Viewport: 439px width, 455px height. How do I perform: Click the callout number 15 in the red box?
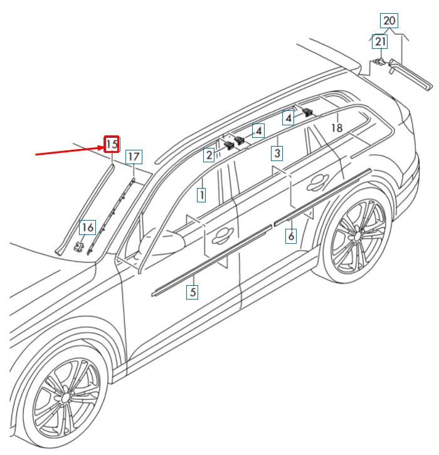(112, 144)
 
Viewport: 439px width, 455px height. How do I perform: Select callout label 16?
(87, 227)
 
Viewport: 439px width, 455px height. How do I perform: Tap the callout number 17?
(134, 157)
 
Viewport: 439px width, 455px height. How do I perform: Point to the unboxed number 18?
(337, 128)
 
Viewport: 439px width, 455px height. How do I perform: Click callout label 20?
(389, 21)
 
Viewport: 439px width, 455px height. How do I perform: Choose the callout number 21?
(380, 42)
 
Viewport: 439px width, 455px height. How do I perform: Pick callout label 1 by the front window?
(201, 195)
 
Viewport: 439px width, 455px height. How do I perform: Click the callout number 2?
(209, 155)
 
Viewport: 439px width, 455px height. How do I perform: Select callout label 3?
(277, 153)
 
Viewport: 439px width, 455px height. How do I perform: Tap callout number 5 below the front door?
(193, 291)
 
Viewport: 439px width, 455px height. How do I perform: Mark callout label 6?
(291, 236)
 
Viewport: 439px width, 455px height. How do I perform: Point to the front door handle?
(223, 235)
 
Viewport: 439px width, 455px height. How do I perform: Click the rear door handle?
(317, 182)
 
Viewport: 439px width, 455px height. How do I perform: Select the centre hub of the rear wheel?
(357, 236)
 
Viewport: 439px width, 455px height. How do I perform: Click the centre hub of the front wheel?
(66, 397)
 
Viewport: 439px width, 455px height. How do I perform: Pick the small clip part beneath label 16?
(78, 247)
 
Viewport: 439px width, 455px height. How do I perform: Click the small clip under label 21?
(378, 61)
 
